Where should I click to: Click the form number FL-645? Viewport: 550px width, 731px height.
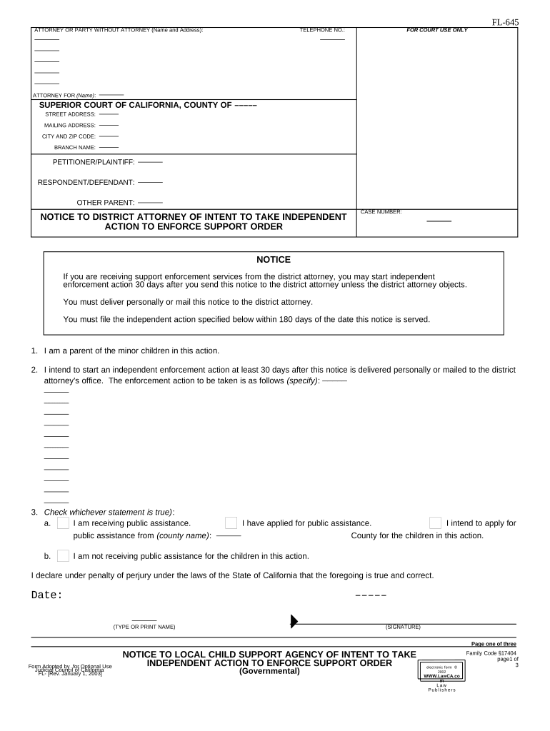(505, 22)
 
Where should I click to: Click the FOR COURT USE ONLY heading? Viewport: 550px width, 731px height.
(437, 31)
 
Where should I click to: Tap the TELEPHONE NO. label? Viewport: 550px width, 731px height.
(321, 31)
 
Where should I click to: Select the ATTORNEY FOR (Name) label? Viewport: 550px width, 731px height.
(64, 96)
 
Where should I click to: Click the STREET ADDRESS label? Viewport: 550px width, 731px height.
(70, 114)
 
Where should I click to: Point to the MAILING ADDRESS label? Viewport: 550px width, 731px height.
(69, 125)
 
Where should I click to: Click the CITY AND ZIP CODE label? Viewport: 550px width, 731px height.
(69, 136)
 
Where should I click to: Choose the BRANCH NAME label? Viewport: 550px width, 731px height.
(74, 147)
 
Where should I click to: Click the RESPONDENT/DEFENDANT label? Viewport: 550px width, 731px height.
(86, 182)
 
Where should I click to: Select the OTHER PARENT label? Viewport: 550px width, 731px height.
(105, 202)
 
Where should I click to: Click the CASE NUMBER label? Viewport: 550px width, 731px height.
(381, 212)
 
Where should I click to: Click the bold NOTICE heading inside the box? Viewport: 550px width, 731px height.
(274, 260)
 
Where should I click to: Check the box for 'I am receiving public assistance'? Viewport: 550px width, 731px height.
(63, 523)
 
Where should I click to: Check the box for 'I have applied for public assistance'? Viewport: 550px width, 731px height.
(231, 523)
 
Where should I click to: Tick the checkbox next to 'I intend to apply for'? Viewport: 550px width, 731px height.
(435, 523)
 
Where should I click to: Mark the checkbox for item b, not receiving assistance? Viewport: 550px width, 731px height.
(63, 555)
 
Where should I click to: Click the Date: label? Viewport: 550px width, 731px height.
(47, 595)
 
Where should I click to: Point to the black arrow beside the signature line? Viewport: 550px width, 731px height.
(294, 621)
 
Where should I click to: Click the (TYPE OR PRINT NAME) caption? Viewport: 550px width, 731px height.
(144, 627)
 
